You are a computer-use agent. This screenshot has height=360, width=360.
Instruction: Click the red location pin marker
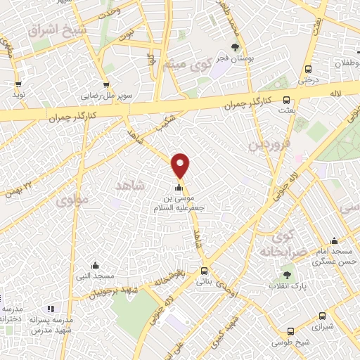(181, 165)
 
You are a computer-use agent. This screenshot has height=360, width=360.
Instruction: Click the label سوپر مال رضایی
(102, 92)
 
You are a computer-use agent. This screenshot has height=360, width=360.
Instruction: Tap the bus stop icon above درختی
(308, 69)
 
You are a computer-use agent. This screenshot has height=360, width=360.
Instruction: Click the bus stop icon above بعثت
(286, 101)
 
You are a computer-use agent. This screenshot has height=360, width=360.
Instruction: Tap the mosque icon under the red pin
(179, 188)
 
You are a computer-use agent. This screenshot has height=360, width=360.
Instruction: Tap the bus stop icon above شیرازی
(323, 316)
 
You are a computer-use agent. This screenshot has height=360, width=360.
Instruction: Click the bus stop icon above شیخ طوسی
(290, 332)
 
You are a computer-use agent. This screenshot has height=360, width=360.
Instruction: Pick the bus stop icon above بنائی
(205, 271)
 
